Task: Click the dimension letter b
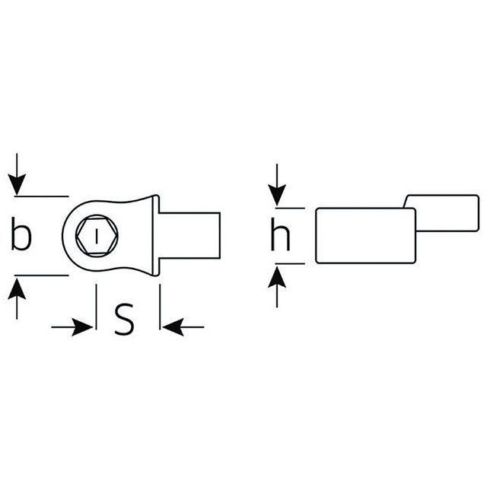(21, 234)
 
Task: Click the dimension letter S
(124, 320)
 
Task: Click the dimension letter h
(281, 234)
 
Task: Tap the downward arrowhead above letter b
(17, 185)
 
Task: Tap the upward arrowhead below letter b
(17, 289)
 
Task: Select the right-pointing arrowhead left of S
(82, 327)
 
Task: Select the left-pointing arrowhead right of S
(173, 327)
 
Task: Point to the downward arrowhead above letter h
(277, 196)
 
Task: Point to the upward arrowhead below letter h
(277, 277)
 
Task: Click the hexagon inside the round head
(97, 236)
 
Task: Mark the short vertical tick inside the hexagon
(97, 236)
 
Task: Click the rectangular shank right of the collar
(189, 235)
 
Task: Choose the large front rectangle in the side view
(365, 236)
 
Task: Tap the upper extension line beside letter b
(41, 196)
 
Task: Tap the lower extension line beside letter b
(41, 275)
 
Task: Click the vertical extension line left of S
(97, 307)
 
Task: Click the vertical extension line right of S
(160, 307)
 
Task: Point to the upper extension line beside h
(290, 208)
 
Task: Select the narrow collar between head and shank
(156, 235)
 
